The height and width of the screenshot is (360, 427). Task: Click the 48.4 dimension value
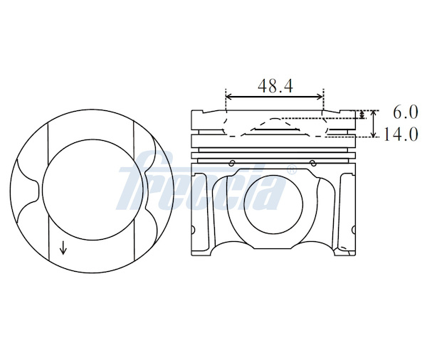275,86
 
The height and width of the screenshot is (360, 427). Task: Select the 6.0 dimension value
405,112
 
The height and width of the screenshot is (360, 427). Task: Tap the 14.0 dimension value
401,134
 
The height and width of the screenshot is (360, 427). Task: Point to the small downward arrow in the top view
63,248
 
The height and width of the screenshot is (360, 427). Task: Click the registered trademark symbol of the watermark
292,169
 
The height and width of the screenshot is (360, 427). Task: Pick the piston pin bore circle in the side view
274,204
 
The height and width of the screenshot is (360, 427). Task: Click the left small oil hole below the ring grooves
232,163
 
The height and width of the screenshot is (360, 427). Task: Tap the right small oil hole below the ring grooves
313,163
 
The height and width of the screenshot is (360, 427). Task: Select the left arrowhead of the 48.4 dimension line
228,96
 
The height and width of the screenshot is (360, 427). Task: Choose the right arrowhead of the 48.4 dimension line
320,96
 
